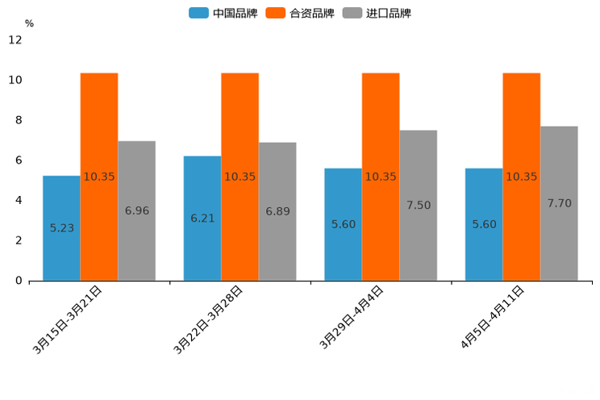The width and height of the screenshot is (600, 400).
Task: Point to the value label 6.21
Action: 202,219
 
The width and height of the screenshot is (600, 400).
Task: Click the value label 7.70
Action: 559,203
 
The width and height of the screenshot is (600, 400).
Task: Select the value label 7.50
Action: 418,206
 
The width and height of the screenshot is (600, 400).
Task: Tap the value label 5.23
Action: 61,228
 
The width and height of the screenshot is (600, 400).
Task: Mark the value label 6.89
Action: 277,211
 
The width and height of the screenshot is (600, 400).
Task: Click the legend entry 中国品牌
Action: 223,13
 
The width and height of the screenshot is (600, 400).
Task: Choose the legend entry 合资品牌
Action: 300,13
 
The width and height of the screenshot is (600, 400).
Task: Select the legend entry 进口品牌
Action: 377,13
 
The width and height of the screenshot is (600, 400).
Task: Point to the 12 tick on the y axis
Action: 15,40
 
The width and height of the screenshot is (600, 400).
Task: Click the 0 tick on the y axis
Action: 19,281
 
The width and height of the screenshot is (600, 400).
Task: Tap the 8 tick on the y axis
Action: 19,120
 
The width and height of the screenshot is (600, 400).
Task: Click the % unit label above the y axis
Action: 29,24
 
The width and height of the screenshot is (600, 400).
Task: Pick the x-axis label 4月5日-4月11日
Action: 492,318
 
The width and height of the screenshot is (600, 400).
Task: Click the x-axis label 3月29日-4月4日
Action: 351,318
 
